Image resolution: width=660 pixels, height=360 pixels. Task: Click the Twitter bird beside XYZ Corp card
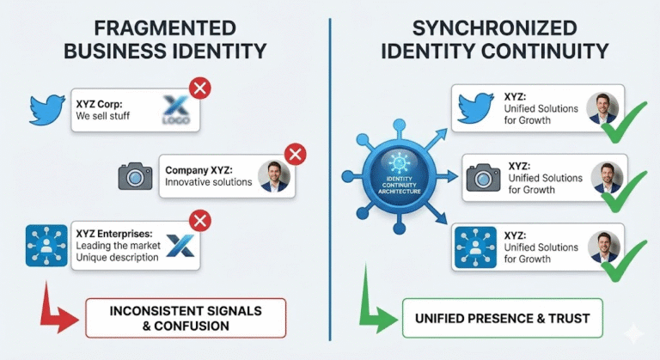(47, 109)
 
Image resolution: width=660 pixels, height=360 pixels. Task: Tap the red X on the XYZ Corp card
(200, 88)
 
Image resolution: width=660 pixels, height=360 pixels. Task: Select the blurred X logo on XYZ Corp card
(176, 109)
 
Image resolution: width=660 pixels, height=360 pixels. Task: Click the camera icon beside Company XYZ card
(135, 176)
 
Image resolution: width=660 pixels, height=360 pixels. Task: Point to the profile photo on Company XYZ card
(274, 176)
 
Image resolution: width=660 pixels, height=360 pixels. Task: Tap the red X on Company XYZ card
(296, 155)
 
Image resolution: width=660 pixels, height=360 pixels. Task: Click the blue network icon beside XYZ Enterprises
(46, 246)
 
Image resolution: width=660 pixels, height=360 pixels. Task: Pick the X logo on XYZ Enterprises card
(180, 246)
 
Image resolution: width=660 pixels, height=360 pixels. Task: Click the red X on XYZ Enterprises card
(200, 220)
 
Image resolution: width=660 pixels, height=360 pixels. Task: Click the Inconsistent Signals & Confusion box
(186, 318)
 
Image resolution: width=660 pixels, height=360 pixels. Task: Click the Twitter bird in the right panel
(475, 108)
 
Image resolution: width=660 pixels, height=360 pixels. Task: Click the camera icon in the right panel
(484, 178)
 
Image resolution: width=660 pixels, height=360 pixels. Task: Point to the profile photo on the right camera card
(607, 177)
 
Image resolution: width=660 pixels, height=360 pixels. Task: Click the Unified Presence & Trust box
(503, 318)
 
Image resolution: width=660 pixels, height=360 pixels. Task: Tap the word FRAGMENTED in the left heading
(165, 28)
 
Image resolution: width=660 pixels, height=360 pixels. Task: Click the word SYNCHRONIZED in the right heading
(495, 28)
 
